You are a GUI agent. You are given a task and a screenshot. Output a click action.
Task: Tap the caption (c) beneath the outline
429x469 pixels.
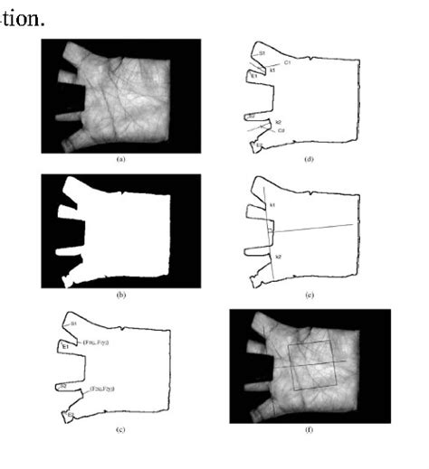[120, 432]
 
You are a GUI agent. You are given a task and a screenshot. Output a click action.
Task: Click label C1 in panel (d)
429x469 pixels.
[287, 63]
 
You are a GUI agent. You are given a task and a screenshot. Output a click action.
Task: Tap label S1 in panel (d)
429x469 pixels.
[262, 54]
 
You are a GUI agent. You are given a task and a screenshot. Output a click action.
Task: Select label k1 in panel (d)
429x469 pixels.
[272, 70]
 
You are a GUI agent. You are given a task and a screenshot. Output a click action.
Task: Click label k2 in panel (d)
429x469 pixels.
[278, 122]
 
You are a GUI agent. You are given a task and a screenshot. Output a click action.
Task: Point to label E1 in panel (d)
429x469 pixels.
[254, 77]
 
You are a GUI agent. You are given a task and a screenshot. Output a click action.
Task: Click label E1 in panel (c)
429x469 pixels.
[66, 347]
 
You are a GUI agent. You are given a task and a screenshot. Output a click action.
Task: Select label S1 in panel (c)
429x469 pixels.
[74, 324]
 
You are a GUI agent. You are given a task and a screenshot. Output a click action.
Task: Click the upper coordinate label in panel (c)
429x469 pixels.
[95, 343]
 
